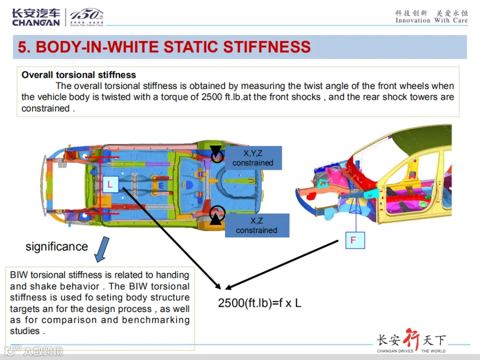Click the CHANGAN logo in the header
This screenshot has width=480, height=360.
[x=36, y=17]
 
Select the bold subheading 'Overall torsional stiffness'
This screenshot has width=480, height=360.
[x=79, y=75]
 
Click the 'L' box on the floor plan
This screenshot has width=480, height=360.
[x=110, y=185]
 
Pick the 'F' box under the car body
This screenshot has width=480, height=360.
[x=355, y=240]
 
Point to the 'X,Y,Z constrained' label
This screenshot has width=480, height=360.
[x=253, y=158]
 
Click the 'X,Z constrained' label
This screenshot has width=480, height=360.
[x=257, y=225]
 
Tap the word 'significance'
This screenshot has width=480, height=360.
[x=57, y=246]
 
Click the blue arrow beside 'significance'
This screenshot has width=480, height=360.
[x=102, y=249]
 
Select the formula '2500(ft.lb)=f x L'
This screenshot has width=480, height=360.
[x=260, y=303]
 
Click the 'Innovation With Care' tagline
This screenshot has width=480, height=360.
[x=431, y=20]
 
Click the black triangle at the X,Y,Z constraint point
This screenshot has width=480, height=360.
[x=216, y=151]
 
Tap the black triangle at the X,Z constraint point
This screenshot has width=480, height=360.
[x=216, y=219]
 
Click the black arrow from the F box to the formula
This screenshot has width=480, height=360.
[x=282, y=265]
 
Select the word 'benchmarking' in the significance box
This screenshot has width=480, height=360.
[x=156, y=320]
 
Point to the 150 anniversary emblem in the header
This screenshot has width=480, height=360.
[x=86, y=17]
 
